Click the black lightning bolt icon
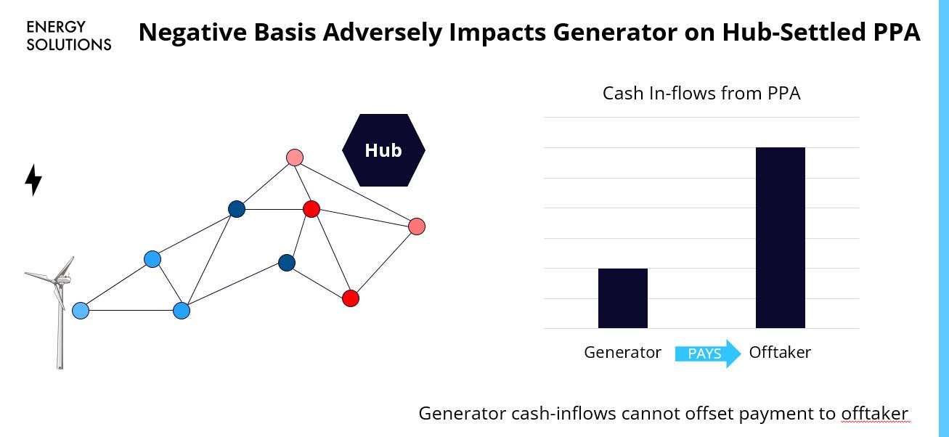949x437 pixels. [x=33, y=180]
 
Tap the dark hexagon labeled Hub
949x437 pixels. [x=383, y=150]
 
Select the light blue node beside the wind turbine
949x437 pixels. [x=81, y=311]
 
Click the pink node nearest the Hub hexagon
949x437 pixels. [x=294, y=158]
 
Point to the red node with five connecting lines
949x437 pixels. [x=311, y=209]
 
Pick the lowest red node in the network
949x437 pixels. [x=351, y=298]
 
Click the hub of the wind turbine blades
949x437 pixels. [x=60, y=279]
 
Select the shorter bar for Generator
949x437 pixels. [x=622, y=298]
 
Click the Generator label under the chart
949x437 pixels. [x=622, y=353]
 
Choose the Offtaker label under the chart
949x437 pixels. [x=779, y=353]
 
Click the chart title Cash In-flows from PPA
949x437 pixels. [x=701, y=94]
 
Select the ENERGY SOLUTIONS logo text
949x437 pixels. [x=68, y=36]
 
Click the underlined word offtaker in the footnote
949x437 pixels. [x=874, y=414]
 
